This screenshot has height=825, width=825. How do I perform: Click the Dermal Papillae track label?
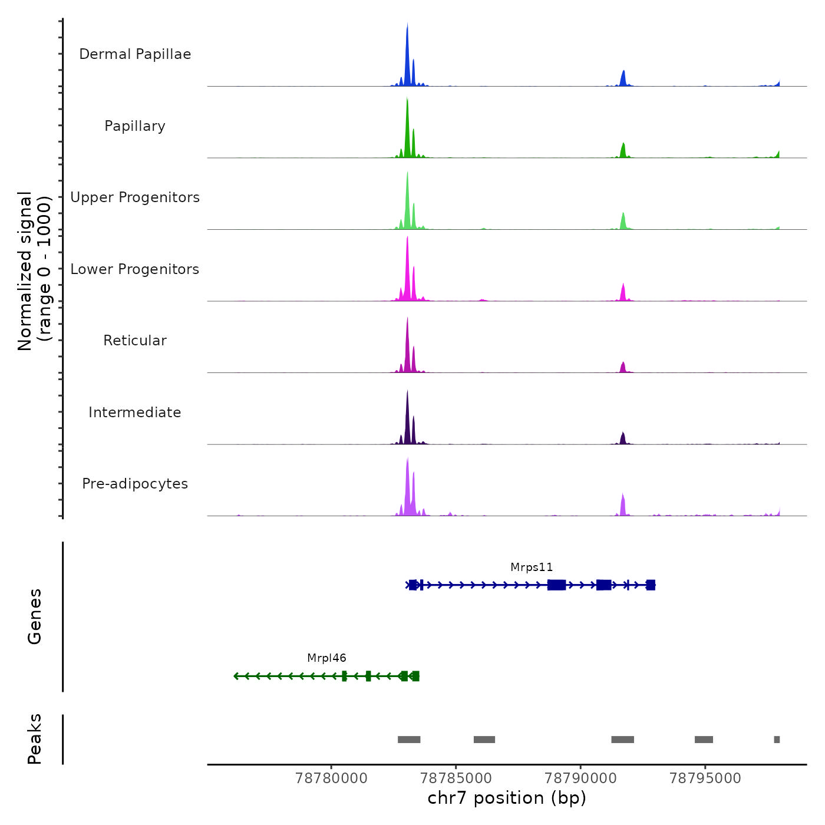tap(135, 54)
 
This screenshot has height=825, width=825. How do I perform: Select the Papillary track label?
tap(135, 126)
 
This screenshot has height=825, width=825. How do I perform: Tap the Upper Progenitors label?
tap(135, 197)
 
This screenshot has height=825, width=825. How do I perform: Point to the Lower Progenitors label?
tap(135, 269)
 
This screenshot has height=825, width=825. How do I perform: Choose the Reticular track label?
tap(135, 341)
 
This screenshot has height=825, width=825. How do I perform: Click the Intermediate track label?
tap(135, 412)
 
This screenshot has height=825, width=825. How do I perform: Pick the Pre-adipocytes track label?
tap(135, 484)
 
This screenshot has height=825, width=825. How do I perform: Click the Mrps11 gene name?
tap(532, 567)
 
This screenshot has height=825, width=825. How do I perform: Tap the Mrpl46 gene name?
tap(326, 658)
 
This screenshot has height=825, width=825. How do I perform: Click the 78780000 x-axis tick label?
tap(331, 778)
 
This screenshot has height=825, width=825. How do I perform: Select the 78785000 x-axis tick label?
tap(456, 778)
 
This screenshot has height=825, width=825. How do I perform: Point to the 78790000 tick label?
tap(580, 778)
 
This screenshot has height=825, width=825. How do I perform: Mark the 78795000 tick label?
tap(705, 778)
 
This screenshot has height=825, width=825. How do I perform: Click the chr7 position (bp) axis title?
tap(507, 798)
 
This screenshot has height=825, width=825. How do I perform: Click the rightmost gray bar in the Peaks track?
tap(777, 740)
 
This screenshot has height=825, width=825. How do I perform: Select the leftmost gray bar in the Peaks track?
tap(409, 740)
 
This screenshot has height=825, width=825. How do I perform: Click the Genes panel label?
tap(35, 616)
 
